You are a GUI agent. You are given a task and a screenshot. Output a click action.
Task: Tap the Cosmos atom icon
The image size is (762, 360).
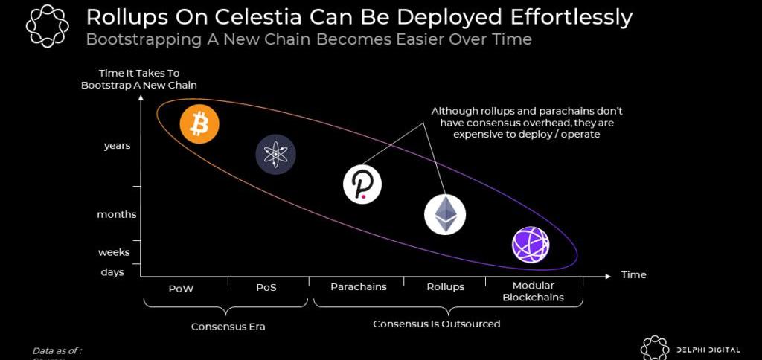tap(275, 155)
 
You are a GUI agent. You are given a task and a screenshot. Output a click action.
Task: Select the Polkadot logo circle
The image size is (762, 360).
tap(362, 184)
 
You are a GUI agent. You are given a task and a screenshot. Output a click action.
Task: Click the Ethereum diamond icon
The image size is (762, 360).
tap(445, 215)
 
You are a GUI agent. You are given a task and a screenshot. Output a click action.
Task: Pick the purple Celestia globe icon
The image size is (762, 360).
tap(531, 245)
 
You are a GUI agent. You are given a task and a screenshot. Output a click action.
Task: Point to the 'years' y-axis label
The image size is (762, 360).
tap(117, 146)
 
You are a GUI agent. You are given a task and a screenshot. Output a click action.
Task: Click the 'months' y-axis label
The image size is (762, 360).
tap(117, 214)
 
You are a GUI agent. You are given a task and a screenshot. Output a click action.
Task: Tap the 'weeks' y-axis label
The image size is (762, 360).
tap(114, 252)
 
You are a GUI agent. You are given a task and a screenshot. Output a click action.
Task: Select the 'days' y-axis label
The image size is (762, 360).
tap(112, 272)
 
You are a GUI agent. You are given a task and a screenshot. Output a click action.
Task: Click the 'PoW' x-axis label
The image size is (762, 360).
tap(181, 288)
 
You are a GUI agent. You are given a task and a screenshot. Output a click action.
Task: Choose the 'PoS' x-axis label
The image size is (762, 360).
tap(266, 288)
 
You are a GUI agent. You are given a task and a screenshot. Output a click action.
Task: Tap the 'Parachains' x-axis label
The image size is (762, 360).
tap(359, 286)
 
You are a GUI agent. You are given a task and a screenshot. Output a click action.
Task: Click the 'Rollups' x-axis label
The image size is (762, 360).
tap(445, 286)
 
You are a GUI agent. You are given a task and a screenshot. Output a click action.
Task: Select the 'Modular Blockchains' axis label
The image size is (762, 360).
tap(533, 292)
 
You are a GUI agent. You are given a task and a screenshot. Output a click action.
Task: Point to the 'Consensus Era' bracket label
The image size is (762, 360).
tap(228, 326)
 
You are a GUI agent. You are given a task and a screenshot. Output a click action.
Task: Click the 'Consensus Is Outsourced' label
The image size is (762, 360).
tap(437, 324)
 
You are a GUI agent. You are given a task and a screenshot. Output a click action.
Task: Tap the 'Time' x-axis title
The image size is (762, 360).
tap(634, 274)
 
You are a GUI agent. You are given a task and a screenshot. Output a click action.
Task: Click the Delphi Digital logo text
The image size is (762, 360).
tap(708, 350)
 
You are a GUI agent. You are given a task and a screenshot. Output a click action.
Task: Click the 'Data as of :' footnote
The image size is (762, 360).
tap(57, 350)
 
